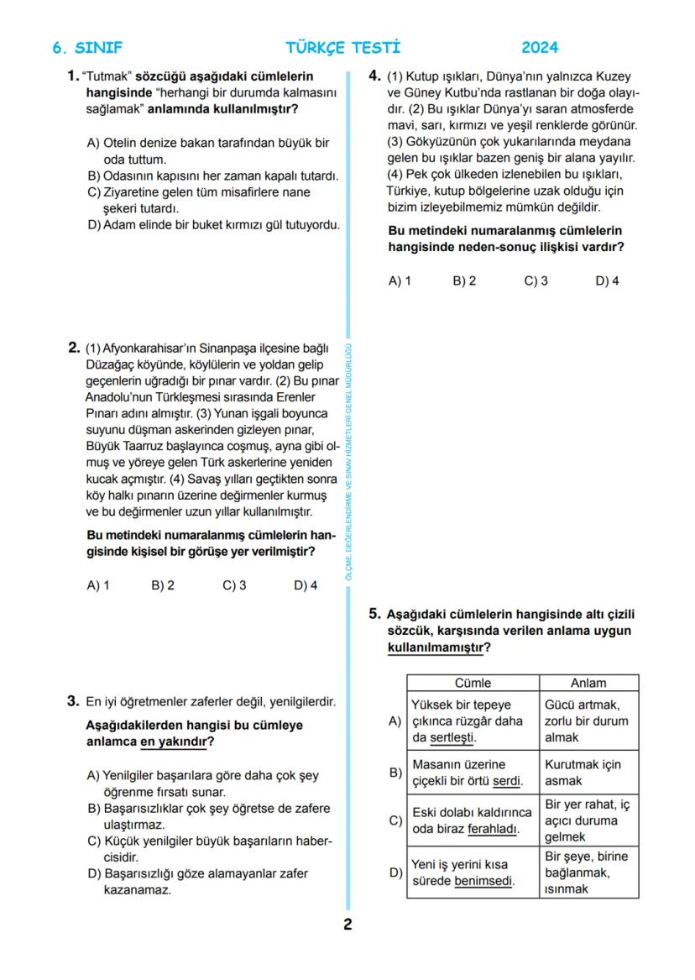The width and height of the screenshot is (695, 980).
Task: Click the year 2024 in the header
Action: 539,48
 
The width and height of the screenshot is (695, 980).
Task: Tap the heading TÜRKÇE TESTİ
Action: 342,48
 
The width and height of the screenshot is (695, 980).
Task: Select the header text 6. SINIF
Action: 87,48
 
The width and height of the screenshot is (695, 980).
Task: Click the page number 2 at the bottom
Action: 347,925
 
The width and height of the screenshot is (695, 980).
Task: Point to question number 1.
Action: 73,76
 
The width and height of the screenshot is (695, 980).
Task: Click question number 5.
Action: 374,614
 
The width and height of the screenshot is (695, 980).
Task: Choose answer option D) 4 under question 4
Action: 607,281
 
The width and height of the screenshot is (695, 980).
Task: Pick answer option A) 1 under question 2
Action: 98,585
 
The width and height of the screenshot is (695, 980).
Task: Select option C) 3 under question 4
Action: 536,281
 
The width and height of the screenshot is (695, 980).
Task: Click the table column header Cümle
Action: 473,683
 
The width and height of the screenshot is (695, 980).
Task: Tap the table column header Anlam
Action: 588,683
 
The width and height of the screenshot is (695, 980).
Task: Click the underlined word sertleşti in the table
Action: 453,737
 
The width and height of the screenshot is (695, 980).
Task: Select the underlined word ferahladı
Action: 493,829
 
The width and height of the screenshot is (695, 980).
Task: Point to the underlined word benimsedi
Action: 483,881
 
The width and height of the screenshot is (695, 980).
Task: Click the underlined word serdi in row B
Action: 506,781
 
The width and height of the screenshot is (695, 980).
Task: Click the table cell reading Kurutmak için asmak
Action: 588,773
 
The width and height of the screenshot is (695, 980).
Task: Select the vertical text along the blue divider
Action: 348,462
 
